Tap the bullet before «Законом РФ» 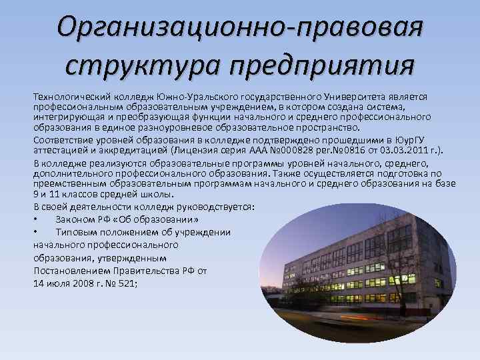coord(35,219)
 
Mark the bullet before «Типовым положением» coord(35,231)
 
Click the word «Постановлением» coord(71,270)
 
